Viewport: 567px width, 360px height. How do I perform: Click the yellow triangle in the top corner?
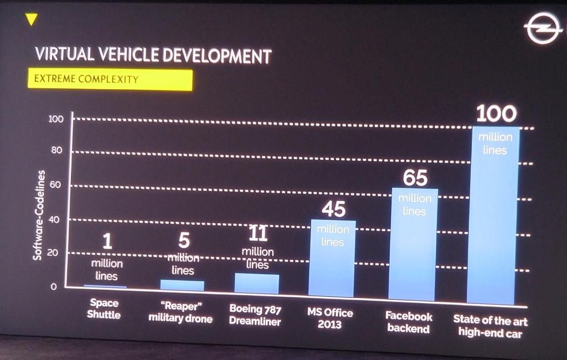tap(32, 19)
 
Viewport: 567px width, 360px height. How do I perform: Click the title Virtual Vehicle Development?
tap(153, 55)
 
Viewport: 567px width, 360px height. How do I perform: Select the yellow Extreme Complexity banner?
tap(110, 79)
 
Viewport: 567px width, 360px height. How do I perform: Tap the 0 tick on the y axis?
tap(54, 287)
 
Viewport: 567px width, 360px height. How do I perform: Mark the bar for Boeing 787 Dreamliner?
tap(257, 284)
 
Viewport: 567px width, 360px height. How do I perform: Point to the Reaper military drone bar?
tap(182, 285)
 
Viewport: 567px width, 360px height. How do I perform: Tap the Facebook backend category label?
tap(409, 323)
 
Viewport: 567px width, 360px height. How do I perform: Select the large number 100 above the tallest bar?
tap(496, 114)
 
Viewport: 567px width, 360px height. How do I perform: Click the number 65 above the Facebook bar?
tap(415, 178)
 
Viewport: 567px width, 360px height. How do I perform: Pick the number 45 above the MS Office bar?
tap(333, 209)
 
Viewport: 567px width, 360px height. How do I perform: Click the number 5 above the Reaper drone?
tap(184, 240)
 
